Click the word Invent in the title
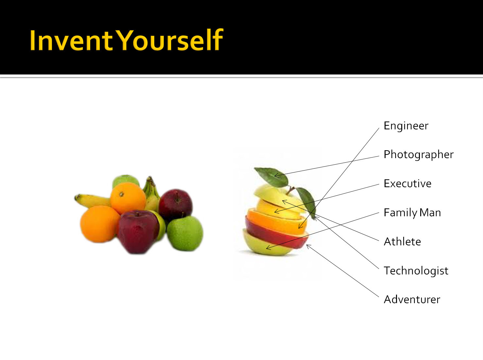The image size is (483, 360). [x=71, y=40]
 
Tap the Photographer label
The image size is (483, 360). [x=419, y=155]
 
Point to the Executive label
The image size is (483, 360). [x=407, y=184]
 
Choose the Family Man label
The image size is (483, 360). [x=412, y=213]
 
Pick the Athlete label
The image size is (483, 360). [x=402, y=241]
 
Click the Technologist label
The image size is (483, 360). [x=416, y=271]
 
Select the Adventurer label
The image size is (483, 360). [x=412, y=299]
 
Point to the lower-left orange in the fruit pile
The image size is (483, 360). [x=100, y=224]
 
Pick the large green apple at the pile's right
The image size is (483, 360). [x=185, y=233]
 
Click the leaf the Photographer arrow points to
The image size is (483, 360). [x=272, y=177]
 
